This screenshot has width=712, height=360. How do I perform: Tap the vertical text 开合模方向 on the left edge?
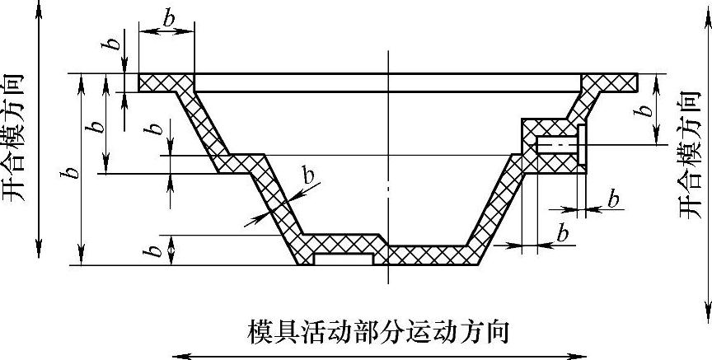(14, 137)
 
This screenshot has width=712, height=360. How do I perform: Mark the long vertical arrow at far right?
(705, 165)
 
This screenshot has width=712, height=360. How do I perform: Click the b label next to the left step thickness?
(152, 130)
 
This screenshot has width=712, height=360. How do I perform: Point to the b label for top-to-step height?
(96, 126)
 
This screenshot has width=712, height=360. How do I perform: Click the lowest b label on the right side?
(563, 233)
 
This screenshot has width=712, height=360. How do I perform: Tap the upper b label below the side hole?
(613, 199)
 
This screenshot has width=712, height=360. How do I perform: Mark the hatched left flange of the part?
(165, 82)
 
